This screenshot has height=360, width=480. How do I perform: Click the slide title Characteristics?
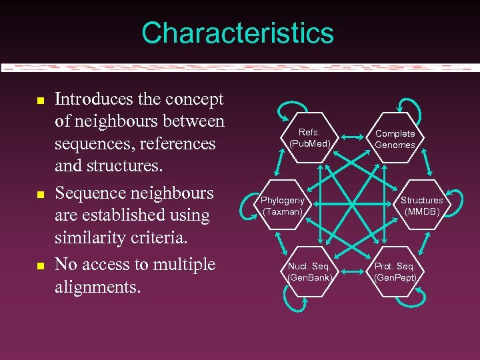[x=237, y=33]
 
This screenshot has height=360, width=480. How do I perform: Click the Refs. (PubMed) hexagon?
[x=309, y=137]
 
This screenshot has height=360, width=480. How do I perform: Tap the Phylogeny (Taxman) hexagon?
[x=283, y=205]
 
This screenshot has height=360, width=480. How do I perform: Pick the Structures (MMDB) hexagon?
[x=421, y=205]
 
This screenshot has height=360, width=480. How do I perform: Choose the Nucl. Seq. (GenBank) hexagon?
[x=309, y=272]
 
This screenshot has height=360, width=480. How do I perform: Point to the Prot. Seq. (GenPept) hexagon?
[x=395, y=272]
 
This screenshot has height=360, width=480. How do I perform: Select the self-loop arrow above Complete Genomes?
[x=408, y=107]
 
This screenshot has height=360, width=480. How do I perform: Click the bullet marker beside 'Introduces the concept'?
[x=40, y=101]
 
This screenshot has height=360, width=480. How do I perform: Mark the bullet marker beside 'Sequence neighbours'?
[x=40, y=195]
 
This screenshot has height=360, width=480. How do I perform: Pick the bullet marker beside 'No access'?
[x=40, y=266]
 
